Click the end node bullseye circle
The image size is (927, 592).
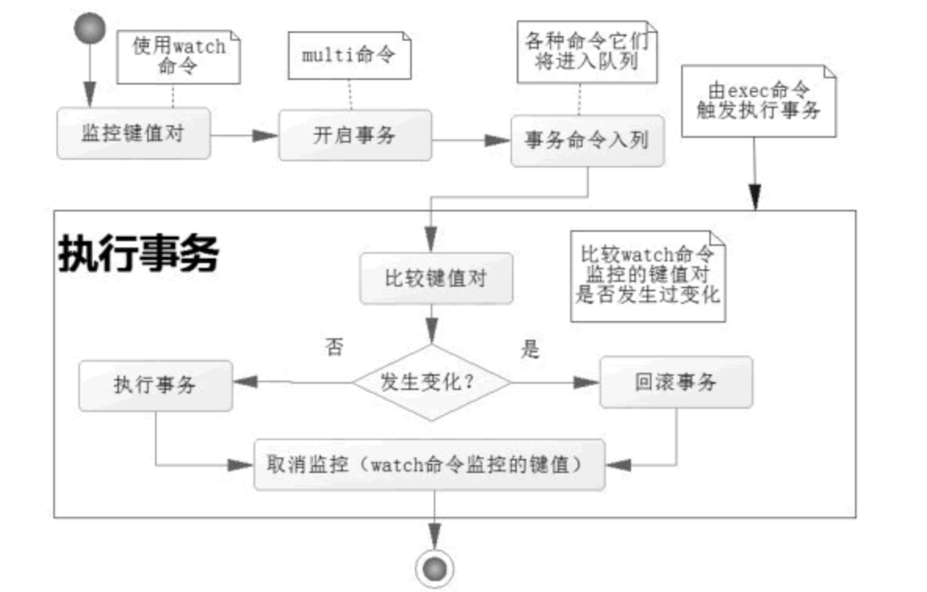[x=433, y=566]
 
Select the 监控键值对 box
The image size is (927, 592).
[x=133, y=133]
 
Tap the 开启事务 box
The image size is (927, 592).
[x=355, y=135]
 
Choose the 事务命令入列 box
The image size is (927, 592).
[x=587, y=141]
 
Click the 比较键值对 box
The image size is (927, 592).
[x=436, y=278]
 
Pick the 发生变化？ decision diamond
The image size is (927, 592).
[x=431, y=383]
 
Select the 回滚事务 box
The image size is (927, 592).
[x=676, y=382]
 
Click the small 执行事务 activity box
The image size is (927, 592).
[x=155, y=385]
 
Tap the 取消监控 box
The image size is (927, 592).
[x=430, y=464]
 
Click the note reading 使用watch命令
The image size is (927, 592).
[x=178, y=56]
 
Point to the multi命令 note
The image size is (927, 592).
[x=349, y=56]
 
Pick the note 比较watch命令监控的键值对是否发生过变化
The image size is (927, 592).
[x=647, y=276]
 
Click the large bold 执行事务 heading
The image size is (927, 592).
[x=138, y=253]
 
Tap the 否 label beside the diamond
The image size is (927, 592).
[x=334, y=348]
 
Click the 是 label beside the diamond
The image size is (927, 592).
[x=531, y=348]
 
